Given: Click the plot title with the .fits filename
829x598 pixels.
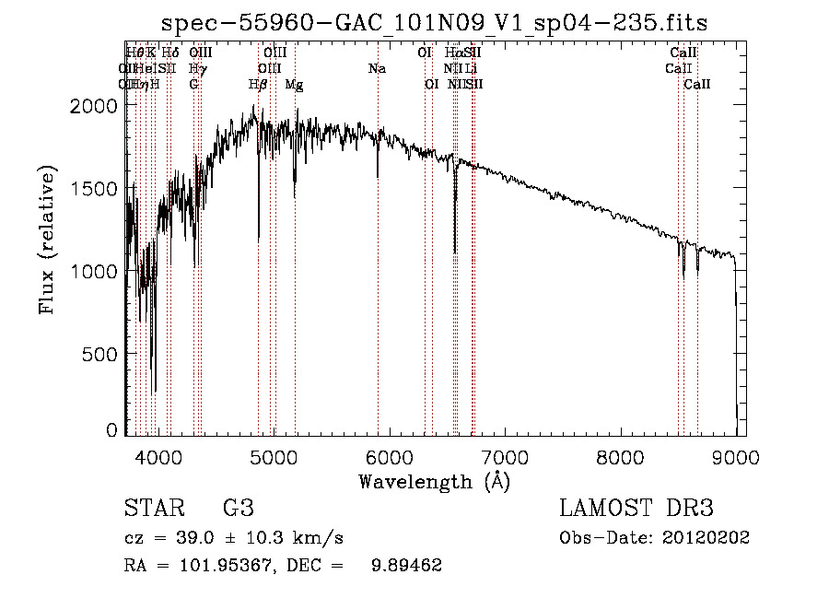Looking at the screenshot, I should pyautogui.click(x=435, y=22).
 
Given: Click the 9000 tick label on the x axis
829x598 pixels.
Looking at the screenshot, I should pyautogui.click(x=735, y=456).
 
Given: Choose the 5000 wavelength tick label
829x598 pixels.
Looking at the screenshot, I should pyautogui.click(x=274, y=456).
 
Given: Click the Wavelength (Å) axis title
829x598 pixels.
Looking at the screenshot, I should pyautogui.click(x=434, y=481).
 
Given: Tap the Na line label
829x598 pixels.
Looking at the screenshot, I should pyautogui.click(x=377, y=69).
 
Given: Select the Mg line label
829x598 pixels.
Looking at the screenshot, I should pyautogui.click(x=294, y=85).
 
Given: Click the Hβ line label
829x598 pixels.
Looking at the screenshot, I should pyautogui.click(x=259, y=85).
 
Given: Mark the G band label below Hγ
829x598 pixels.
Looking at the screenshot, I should pyautogui.click(x=193, y=85).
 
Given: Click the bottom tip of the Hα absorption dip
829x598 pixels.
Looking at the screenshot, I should pyautogui.click(x=455, y=252).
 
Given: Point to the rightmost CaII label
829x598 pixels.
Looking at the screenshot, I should pyautogui.click(x=697, y=85).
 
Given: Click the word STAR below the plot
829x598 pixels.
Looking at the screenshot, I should pyautogui.click(x=154, y=509).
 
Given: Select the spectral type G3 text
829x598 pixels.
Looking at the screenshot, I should pyautogui.click(x=239, y=509).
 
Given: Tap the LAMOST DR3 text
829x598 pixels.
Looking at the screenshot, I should pyautogui.click(x=636, y=509).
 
